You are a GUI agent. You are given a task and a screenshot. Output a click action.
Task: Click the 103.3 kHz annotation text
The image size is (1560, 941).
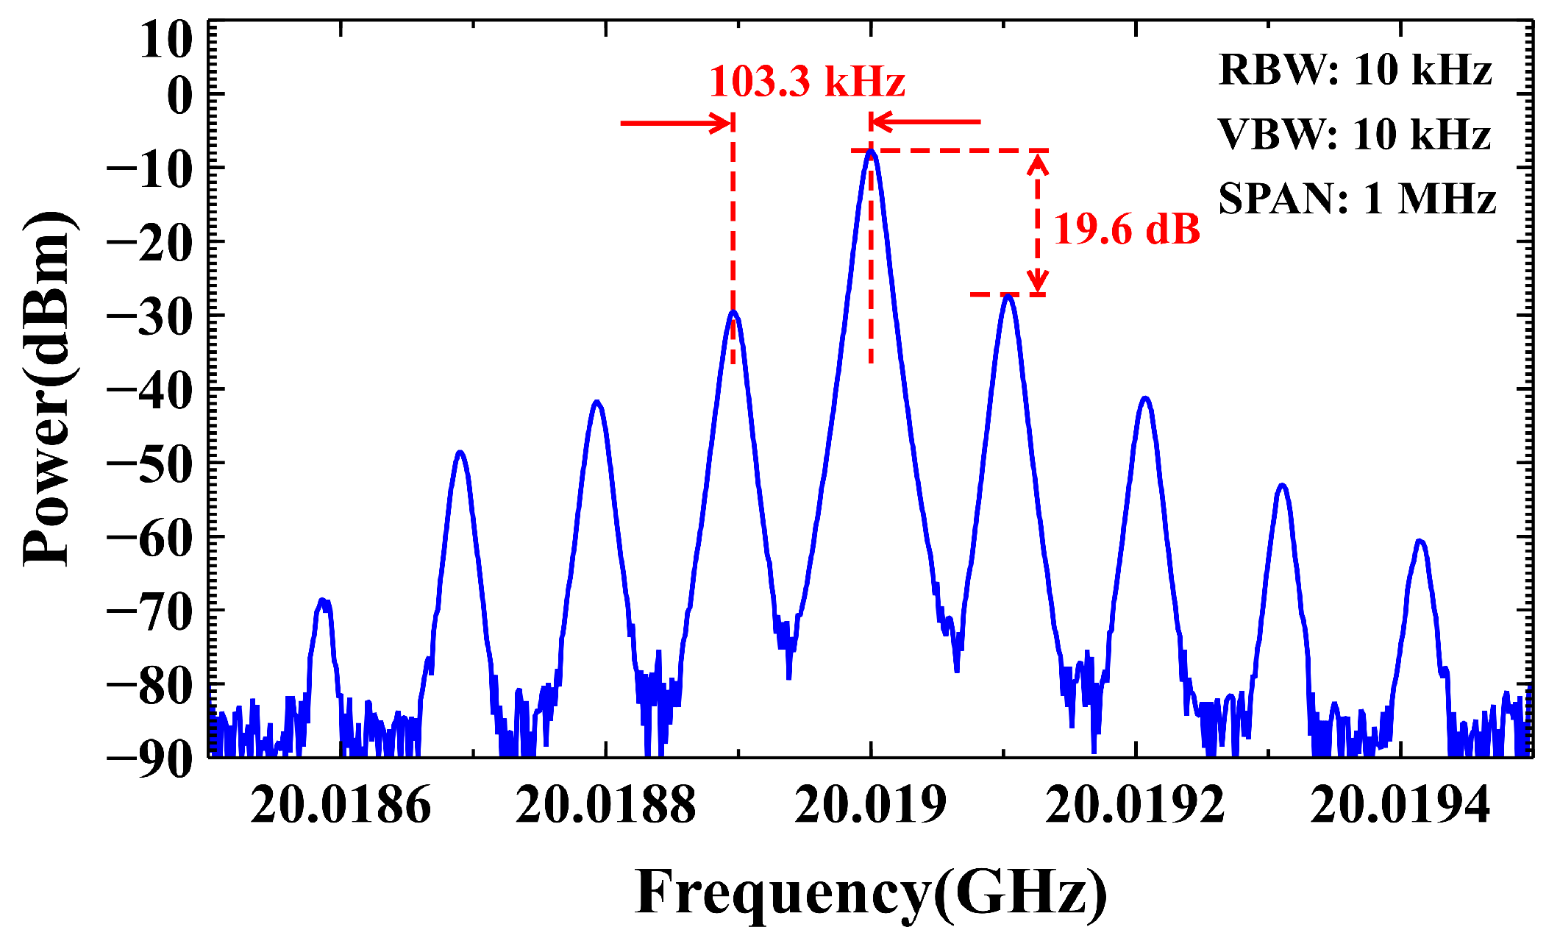coord(807,82)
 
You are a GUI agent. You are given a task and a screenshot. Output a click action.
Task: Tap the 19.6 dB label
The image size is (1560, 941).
coord(1127,230)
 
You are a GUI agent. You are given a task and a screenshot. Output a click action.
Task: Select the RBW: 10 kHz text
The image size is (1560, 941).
coord(1355,71)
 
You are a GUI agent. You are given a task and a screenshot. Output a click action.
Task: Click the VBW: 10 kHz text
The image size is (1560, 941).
coord(1354,135)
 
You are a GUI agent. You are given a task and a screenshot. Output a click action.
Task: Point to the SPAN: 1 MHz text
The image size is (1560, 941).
coord(1357,199)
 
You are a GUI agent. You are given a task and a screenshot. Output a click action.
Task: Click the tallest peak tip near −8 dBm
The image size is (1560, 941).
coord(871,152)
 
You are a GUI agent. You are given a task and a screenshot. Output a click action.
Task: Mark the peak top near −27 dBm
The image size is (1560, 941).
coord(1008,296)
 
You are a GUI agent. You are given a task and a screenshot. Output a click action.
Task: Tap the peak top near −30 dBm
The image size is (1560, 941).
coord(733,313)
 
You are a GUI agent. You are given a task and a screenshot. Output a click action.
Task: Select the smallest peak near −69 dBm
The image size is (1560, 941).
coord(324,602)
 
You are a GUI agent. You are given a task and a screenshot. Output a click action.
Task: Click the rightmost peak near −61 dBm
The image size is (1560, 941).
coord(1420,542)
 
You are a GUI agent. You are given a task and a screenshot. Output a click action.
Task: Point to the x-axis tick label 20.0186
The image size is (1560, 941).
coord(341,805)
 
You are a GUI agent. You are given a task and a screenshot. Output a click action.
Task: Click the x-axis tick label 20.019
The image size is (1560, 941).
coord(871,805)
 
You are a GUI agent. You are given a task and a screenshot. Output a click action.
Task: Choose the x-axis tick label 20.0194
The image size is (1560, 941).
coord(1400,805)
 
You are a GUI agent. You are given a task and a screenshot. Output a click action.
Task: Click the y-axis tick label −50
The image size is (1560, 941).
coord(150,464)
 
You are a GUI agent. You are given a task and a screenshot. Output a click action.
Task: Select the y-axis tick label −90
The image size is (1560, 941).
coord(150,758)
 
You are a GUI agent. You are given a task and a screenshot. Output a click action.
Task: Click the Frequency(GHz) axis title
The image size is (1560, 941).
coord(871,892)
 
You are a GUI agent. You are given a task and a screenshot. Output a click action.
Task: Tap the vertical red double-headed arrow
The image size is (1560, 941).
coord(1037,223)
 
